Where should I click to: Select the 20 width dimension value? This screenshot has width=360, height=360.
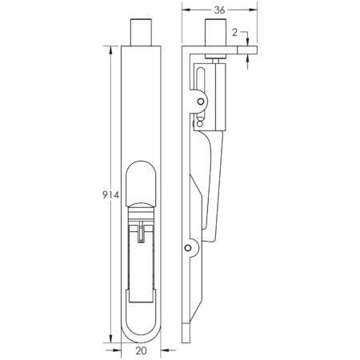pos(141,349)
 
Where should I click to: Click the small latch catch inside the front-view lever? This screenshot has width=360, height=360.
pos(141,231)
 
